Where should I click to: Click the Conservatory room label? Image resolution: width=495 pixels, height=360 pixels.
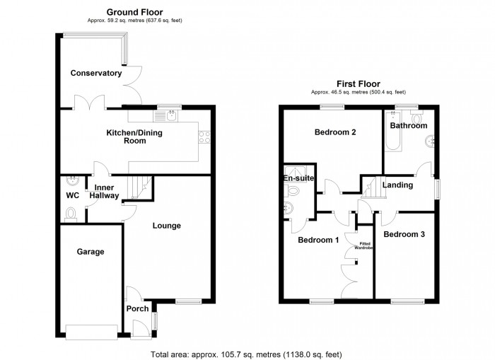[96, 73]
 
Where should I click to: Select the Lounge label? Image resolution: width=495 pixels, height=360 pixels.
[167, 226]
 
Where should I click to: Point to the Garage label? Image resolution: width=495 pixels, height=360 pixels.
[91, 252]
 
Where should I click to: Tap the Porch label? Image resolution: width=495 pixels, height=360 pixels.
[137, 308]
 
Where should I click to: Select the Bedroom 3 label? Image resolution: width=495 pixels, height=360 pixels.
[404, 234]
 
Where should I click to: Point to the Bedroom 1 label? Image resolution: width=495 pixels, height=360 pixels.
[318, 240]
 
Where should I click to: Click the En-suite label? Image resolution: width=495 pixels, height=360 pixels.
[298, 178]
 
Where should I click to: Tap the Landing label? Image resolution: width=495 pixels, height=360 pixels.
[398, 185]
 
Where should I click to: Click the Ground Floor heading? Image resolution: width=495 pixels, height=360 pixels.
[134, 12]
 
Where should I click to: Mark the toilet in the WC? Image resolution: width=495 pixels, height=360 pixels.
[70, 214]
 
